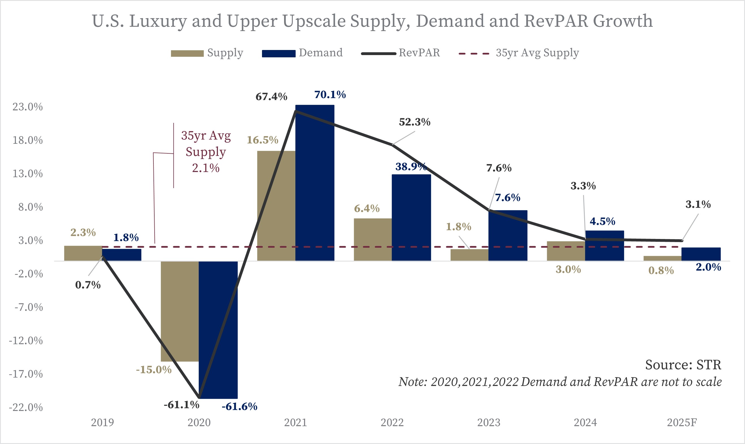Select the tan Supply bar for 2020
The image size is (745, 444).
pyautogui.click(x=179, y=311)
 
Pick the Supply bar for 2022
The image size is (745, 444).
pyautogui.click(x=373, y=239)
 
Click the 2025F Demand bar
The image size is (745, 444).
pyautogui.click(x=701, y=254)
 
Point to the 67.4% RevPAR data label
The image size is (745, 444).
pyautogui.click(x=271, y=97)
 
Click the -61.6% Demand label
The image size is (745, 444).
pyautogui.click(x=239, y=406)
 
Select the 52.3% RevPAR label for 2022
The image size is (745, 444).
pyautogui.click(x=415, y=122)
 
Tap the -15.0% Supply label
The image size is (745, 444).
pyautogui.click(x=154, y=369)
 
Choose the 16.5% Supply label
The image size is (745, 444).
pyautogui.click(x=262, y=140)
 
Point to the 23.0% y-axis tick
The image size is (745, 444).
pyautogui.click(x=27, y=107)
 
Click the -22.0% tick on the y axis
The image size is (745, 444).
pyautogui.click(x=26, y=408)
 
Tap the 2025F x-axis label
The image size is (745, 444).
pyautogui.click(x=682, y=423)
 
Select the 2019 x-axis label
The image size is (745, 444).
pyautogui.click(x=102, y=423)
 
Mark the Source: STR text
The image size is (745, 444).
pyautogui.click(x=683, y=365)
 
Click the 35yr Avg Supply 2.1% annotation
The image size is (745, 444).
pyautogui.click(x=206, y=152)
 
